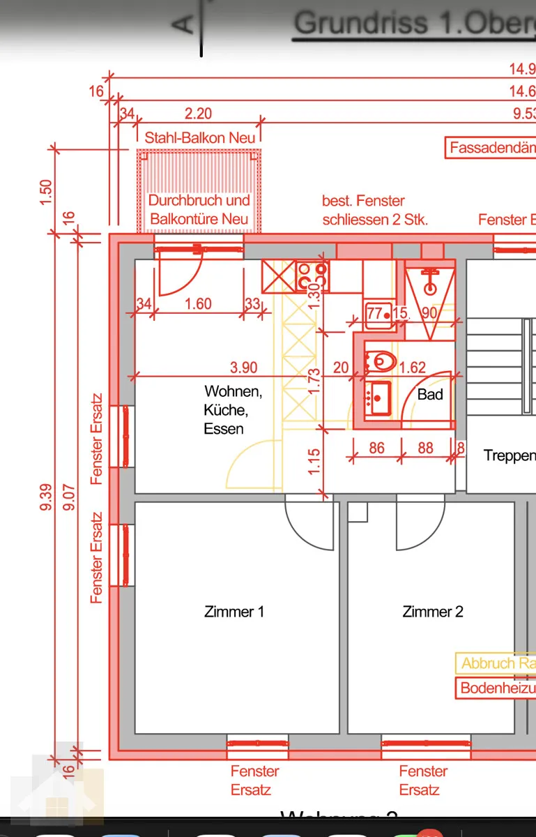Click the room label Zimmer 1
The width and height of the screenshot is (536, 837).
pyautogui.click(x=233, y=612)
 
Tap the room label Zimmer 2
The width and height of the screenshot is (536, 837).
pyautogui.click(x=432, y=612)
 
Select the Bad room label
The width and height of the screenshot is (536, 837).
pyautogui.click(x=430, y=394)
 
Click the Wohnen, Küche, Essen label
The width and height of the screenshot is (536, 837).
pyautogui.click(x=232, y=410)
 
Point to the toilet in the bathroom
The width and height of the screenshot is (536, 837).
pyautogui.click(x=381, y=361)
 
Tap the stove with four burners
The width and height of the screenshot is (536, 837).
pyautogui.click(x=312, y=276)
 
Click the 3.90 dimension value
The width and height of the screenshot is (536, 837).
pyautogui.click(x=244, y=368)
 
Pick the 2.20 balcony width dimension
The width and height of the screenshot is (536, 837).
pyautogui.click(x=198, y=113)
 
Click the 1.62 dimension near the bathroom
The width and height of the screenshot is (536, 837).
pyautogui.click(x=413, y=368)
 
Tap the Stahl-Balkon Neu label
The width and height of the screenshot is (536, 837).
pyautogui.click(x=199, y=137)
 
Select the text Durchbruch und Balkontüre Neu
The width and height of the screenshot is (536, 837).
pyautogui.click(x=199, y=209)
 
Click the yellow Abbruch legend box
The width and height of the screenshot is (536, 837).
pyautogui.click(x=496, y=663)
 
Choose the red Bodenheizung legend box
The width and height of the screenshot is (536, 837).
pyautogui.click(x=496, y=688)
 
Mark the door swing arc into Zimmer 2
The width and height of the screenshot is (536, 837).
pyautogui.click(x=421, y=523)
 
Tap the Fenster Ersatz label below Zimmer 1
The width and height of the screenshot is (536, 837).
pyautogui.click(x=255, y=781)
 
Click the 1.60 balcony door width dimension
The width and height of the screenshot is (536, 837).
pyautogui.click(x=198, y=303)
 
